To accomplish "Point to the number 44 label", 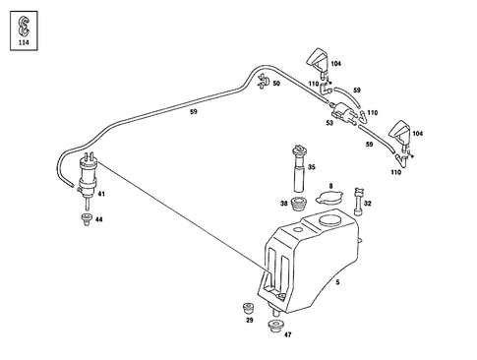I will point(98,220).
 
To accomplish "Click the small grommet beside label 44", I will point(82,218).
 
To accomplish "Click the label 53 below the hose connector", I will point(330,124).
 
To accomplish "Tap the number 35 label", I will point(311,168).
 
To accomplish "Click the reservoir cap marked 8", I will point(330,200).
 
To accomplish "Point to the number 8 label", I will point(330,185).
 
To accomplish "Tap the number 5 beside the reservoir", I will point(336,282).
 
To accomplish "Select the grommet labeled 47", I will point(275,324).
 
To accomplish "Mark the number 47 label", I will point(287,336).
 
